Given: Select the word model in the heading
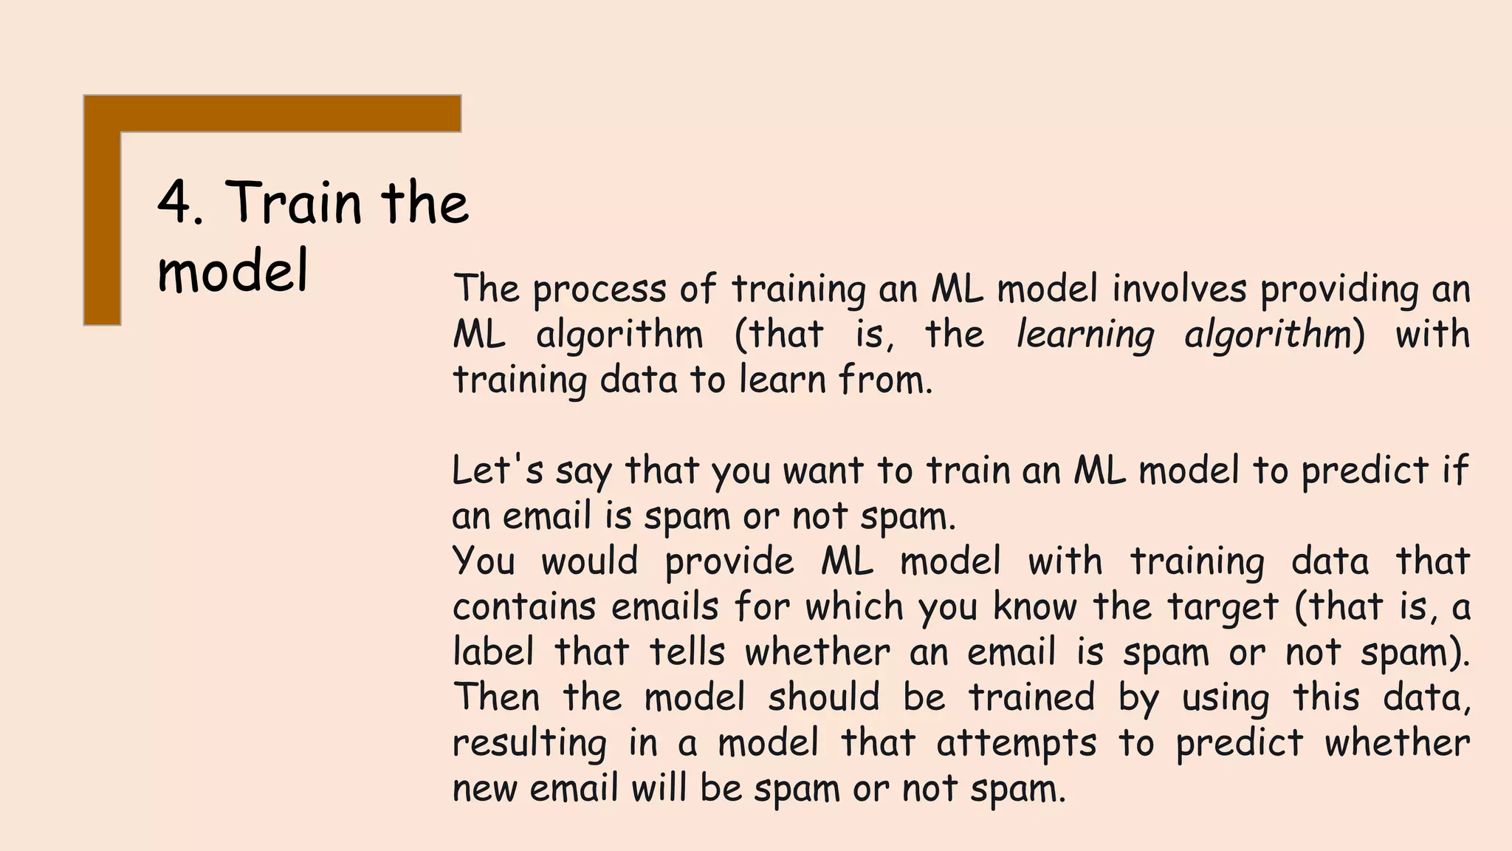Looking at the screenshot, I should coord(233,271).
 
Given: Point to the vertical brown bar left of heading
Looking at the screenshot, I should coord(102,222).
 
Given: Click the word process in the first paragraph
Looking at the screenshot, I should coord(599,290).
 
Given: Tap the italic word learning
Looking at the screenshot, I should coord(1085,335).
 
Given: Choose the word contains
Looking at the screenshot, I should coord(523,607).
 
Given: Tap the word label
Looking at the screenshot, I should coord(492,652).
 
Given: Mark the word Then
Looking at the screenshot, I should coord(495,697).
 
